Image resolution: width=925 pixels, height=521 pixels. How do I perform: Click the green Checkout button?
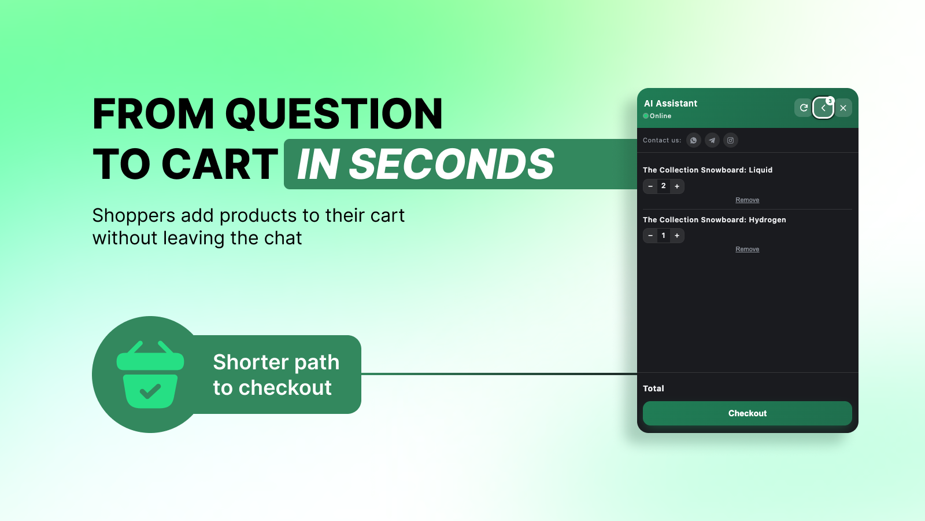point(747,413)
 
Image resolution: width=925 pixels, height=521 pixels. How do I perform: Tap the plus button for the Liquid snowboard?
point(677,186)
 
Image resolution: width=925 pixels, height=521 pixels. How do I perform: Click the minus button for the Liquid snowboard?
point(650,186)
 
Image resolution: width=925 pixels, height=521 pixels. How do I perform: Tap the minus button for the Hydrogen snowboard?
point(650,236)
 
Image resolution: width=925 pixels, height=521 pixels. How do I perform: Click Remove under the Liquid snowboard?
point(747,200)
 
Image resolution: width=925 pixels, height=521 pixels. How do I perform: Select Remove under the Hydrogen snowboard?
point(747,249)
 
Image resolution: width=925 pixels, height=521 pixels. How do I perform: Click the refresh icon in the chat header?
point(804,108)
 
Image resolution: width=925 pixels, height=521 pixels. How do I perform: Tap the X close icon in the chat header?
point(843,108)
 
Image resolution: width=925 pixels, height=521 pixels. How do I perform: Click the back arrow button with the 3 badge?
point(823,108)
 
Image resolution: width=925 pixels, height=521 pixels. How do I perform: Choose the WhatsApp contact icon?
point(693,140)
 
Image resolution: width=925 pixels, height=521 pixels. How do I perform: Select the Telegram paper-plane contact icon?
point(712,140)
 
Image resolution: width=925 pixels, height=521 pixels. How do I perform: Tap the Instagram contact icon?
point(731,140)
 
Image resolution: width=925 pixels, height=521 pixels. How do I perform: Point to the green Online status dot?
point(645,116)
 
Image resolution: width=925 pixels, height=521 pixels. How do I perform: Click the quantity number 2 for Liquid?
point(664,186)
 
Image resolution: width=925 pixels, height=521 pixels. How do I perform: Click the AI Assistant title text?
point(671,104)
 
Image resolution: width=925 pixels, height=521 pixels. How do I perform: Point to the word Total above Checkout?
point(653,388)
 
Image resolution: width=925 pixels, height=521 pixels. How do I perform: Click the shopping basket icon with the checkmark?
point(150,374)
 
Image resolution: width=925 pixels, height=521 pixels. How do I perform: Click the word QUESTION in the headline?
point(334,113)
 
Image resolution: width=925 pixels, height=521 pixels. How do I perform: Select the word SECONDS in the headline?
point(452,164)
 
